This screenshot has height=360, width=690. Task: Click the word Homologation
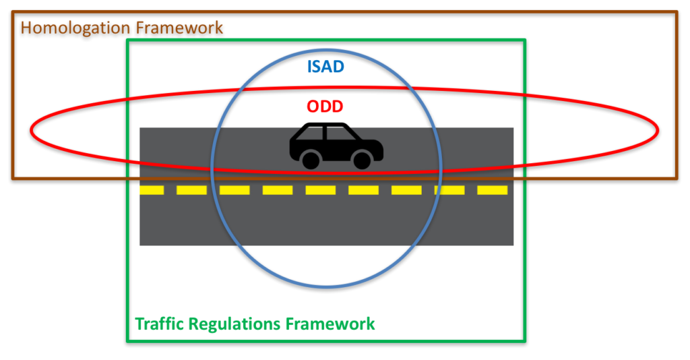click(74, 28)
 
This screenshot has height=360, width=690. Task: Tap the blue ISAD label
click(326, 67)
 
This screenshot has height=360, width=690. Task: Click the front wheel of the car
click(363, 160)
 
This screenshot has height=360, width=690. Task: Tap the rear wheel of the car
click(311, 160)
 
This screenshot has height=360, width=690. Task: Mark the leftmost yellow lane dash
click(152, 190)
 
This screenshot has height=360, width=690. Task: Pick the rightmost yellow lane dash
click(492, 190)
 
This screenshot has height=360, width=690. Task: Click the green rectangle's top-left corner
click(127, 40)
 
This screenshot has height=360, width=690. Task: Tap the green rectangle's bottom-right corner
click(524, 341)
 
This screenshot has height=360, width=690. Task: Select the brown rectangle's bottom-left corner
click(13, 178)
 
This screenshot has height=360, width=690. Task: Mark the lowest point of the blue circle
click(326, 288)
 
